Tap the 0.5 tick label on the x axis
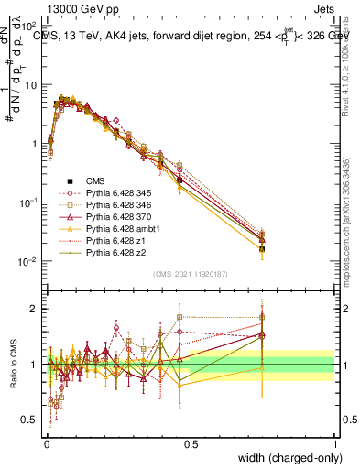pos(191,442)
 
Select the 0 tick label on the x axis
pos(47,442)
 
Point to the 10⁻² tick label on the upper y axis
pos(28,262)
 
